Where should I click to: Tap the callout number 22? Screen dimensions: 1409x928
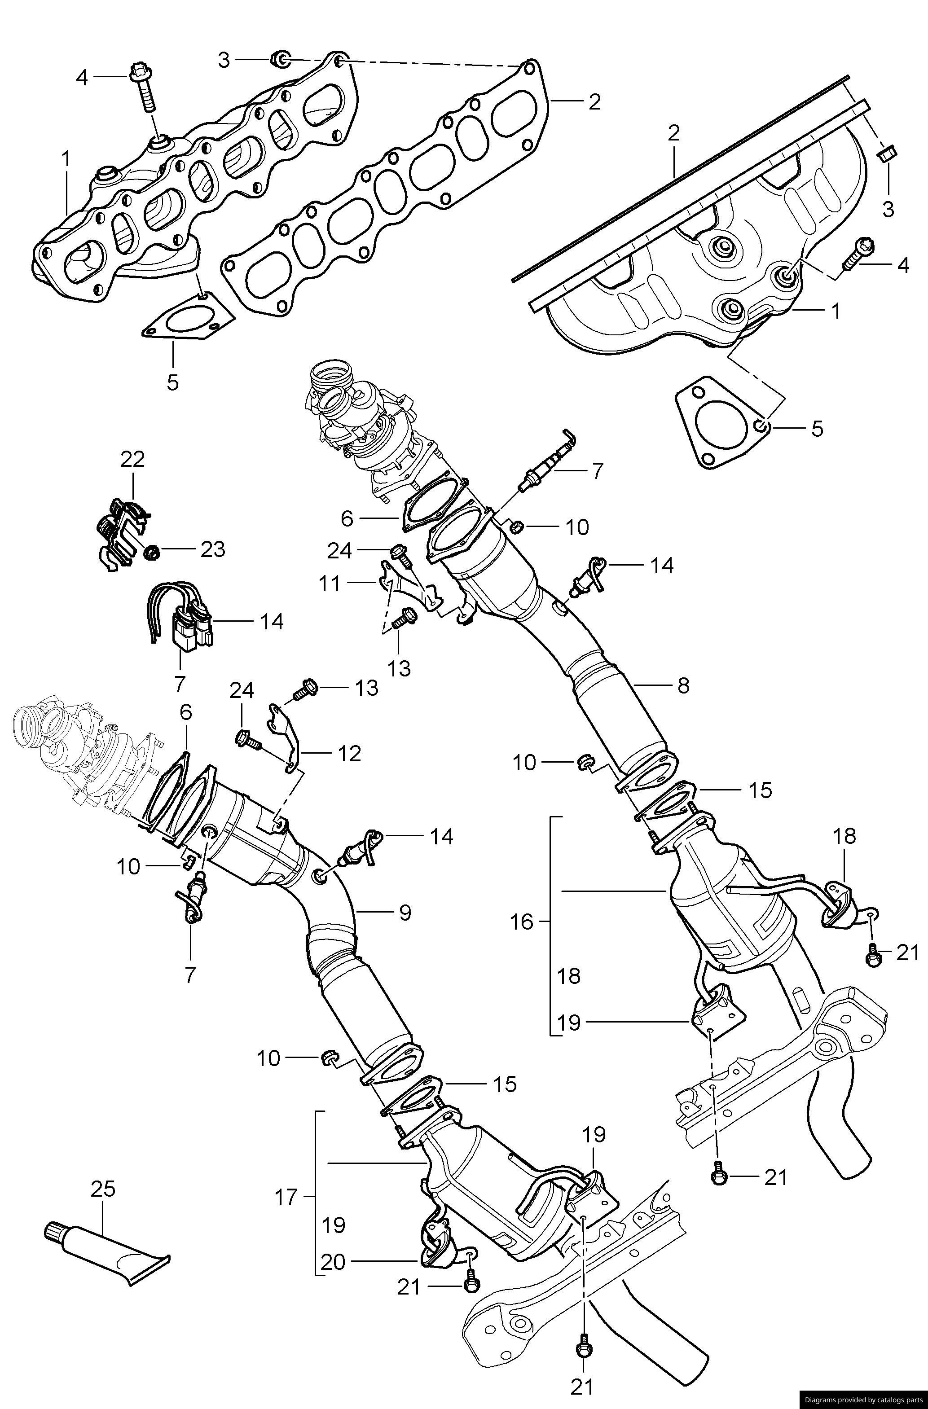[x=132, y=459]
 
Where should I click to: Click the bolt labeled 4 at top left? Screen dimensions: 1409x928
[x=145, y=89]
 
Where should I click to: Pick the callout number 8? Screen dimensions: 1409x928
[x=683, y=685]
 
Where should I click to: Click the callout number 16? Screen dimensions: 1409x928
[x=522, y=922]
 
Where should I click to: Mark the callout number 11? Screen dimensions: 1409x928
[x=330, y=584]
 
